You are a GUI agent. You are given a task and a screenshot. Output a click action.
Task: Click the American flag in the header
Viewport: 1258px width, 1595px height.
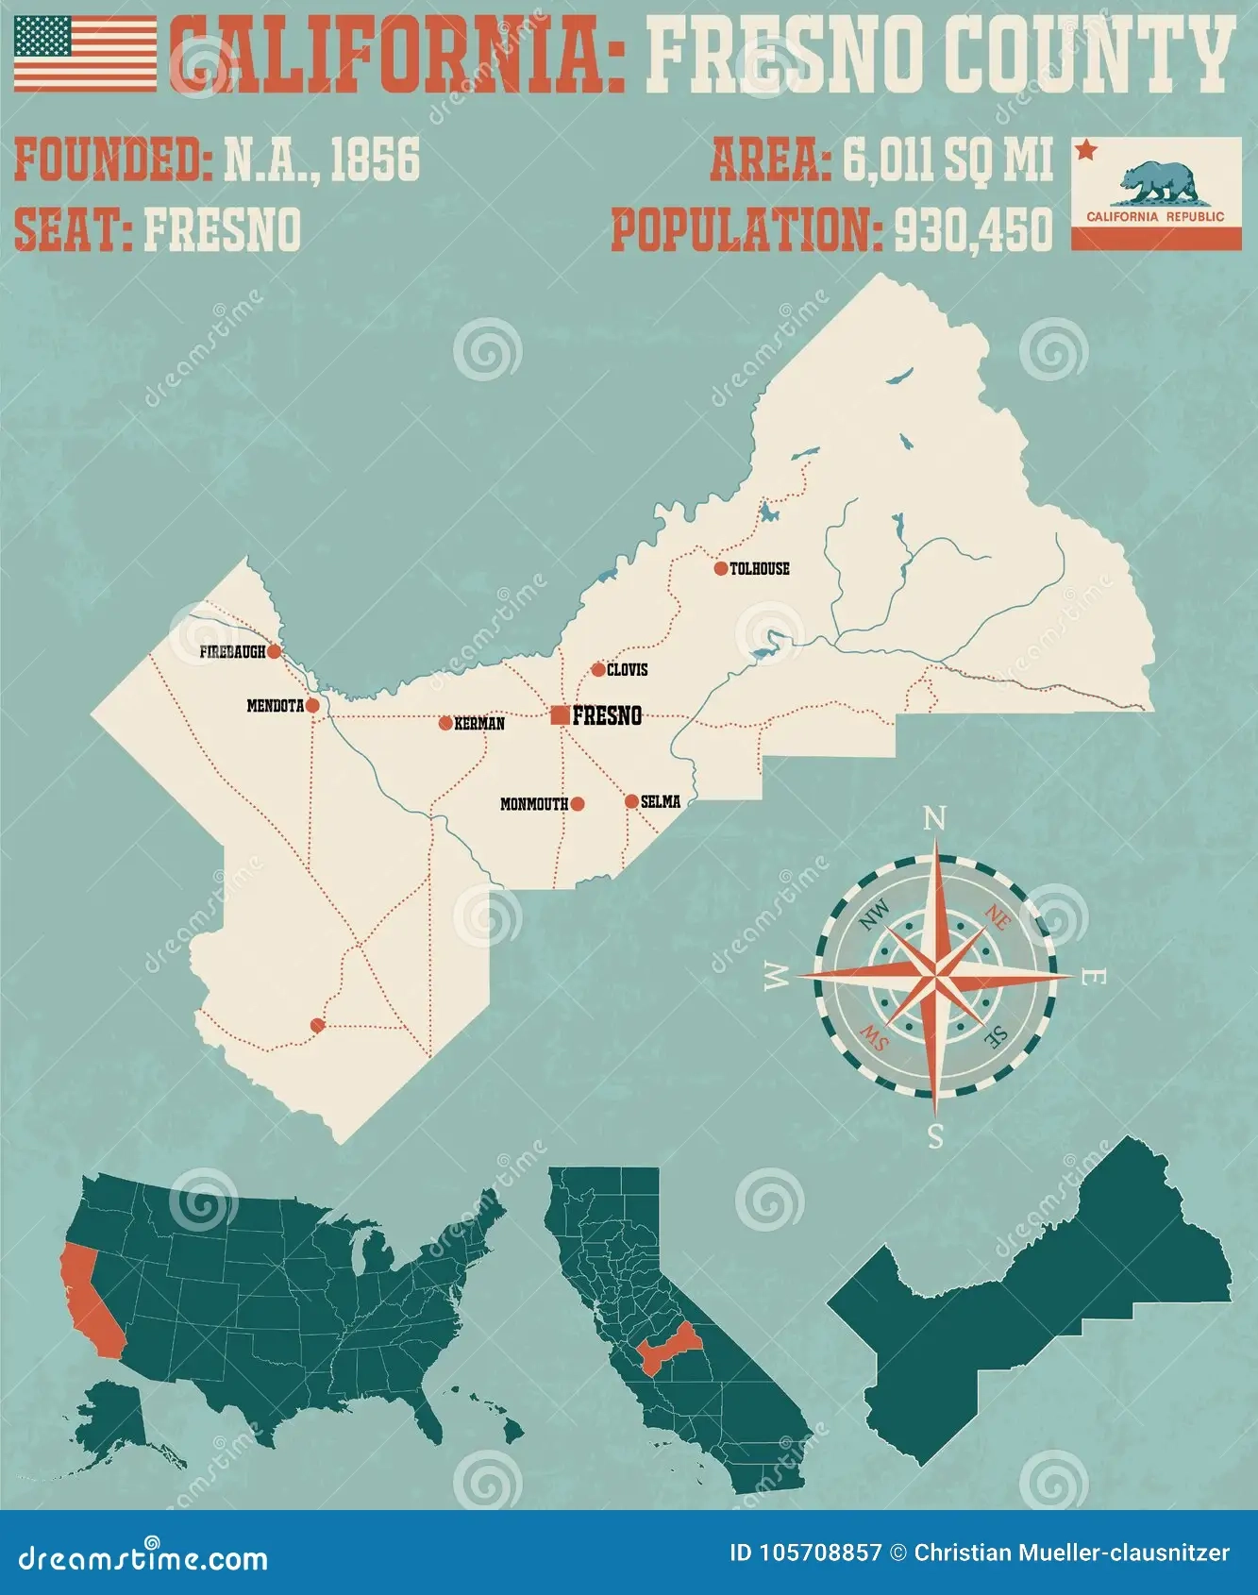point(85,54)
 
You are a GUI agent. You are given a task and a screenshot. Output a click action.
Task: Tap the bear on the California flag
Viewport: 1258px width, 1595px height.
point(1157,182)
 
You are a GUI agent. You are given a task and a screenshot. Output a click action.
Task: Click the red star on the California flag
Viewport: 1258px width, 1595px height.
point(1087,150)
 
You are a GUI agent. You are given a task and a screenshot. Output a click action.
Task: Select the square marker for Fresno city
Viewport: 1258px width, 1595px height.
point(560,715)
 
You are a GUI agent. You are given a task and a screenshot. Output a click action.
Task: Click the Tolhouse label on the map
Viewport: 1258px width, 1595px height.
point(760,568)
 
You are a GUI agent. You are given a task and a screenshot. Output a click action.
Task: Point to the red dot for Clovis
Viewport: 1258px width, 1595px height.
point(598,670)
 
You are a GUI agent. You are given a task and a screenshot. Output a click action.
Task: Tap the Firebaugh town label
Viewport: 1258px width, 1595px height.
point(232,652)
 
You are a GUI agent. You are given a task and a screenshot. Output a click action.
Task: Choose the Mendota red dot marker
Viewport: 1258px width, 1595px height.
point(312,705)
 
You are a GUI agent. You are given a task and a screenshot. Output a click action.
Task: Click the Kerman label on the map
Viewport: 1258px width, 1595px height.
point(479,724)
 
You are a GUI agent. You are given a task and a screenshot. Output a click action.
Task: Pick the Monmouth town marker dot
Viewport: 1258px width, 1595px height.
point(578,804)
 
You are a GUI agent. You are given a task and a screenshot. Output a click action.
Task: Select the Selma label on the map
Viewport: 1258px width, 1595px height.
point(661,802)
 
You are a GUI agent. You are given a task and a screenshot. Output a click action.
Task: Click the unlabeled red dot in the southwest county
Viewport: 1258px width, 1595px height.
point(317,1025)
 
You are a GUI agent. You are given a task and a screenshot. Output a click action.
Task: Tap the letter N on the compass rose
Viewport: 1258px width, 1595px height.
point(934,818)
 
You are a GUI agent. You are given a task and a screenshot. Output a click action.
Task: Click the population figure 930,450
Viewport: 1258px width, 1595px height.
point(973,229)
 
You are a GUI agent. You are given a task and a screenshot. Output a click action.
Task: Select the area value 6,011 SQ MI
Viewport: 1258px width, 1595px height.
point(947,159)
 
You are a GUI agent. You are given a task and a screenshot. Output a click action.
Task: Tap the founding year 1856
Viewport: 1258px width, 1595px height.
point(375,159)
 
